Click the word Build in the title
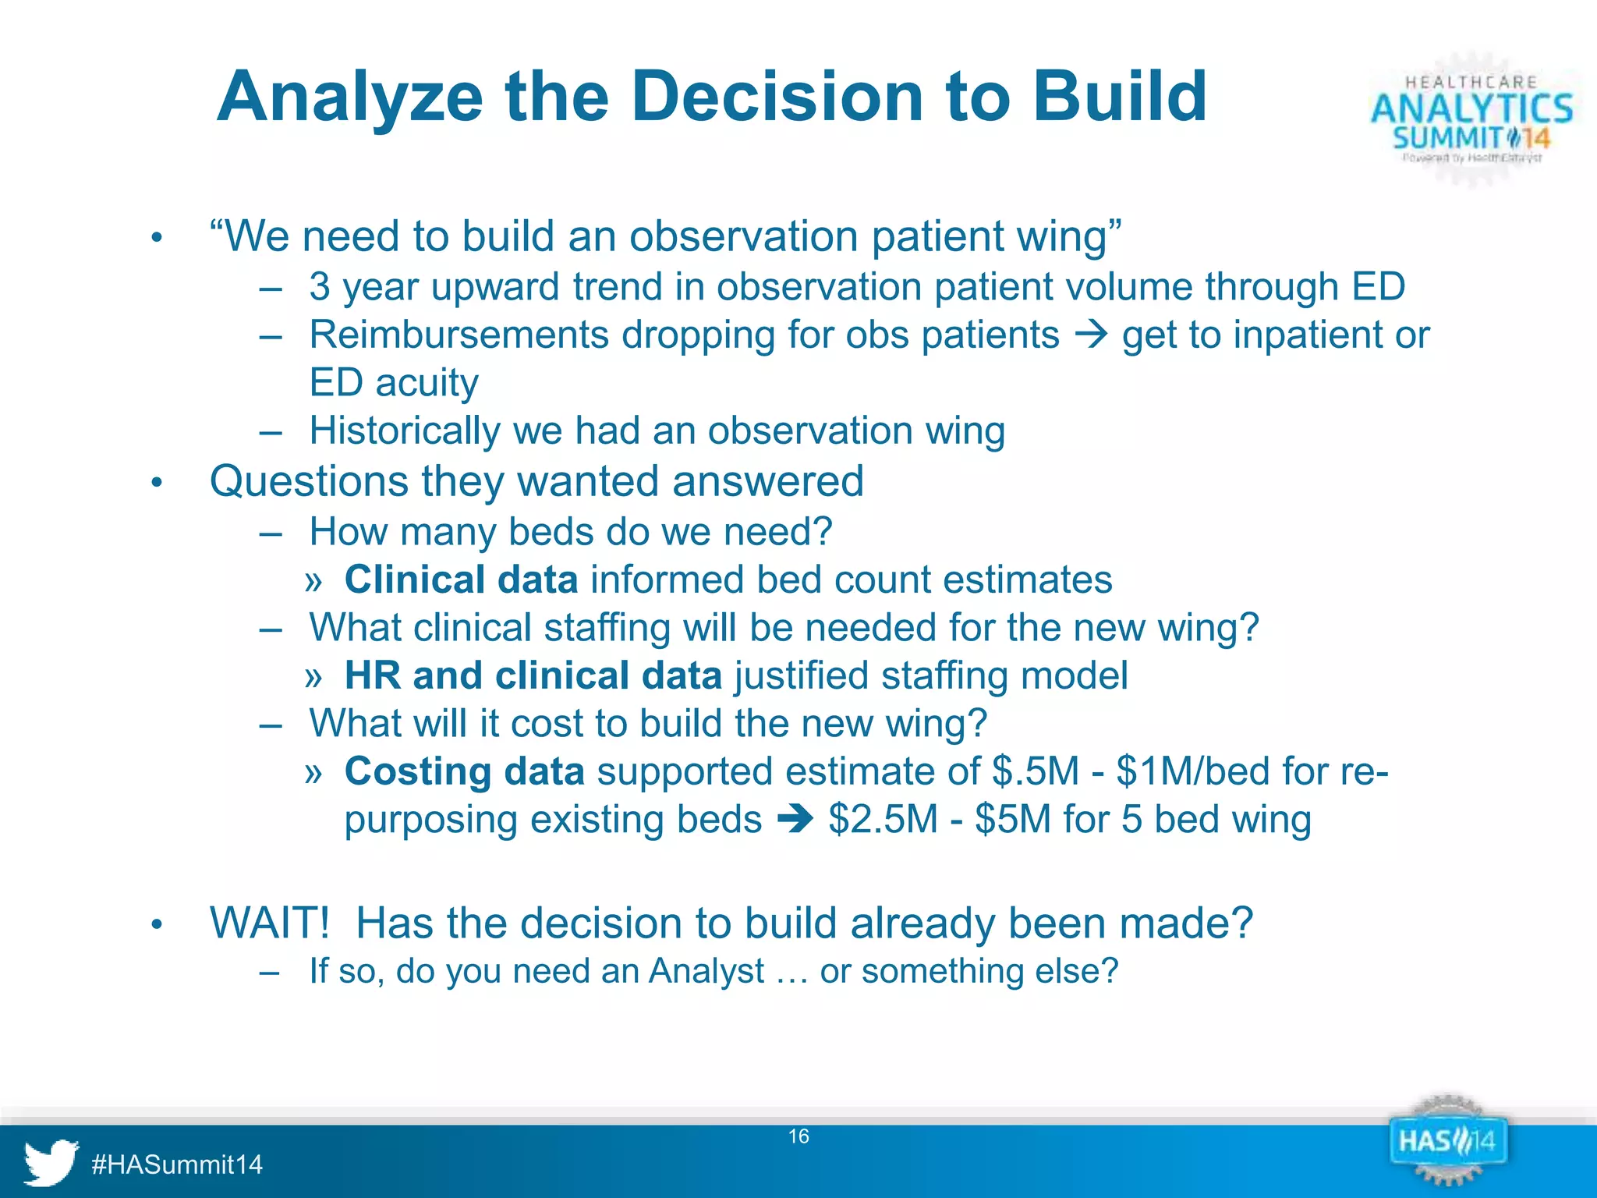pos(1120,97)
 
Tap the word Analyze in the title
pos(350,98)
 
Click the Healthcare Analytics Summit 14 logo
pos(1471,119)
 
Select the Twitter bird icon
pos(50,1162)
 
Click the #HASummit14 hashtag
pos(177,1164)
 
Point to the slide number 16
pos(798,1136)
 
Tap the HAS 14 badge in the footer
pos(1447,1143)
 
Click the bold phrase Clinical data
pos(461,580)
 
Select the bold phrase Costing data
pos(464,771)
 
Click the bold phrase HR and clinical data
pos(533,675)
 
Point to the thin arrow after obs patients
pos(1091,335)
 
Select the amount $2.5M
pos(883,820)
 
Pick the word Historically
pos(404,431)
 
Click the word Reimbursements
pos(458,335)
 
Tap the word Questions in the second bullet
pos(309,481)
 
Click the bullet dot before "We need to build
pos(157,238)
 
